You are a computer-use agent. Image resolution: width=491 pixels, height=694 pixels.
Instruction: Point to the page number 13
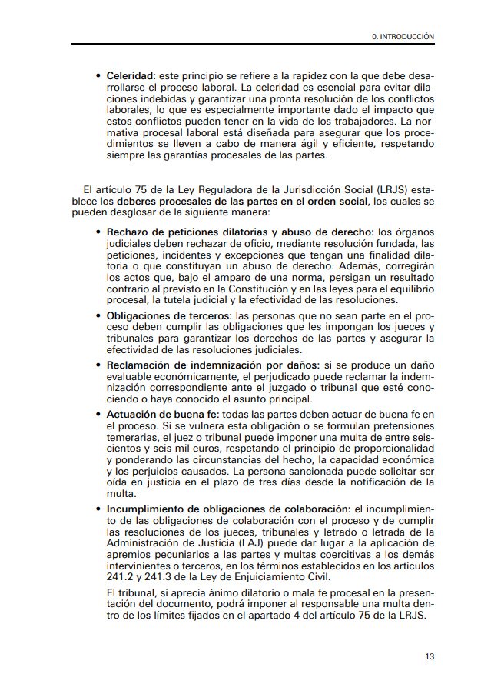click(430, 656)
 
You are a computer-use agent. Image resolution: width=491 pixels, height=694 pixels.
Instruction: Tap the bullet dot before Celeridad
click(98, 77)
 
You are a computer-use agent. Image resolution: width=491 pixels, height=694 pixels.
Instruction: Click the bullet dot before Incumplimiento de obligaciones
click(98, 509)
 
